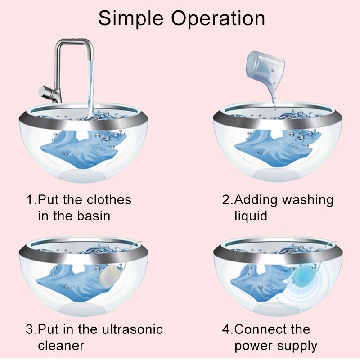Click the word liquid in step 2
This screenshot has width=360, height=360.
click(251, 216)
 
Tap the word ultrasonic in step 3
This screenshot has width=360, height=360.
click(130, 329)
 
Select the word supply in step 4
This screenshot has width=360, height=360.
click(297, 346)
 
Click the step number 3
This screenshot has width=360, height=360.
click(30, 329)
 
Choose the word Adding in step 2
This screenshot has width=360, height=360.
click(255, 200)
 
